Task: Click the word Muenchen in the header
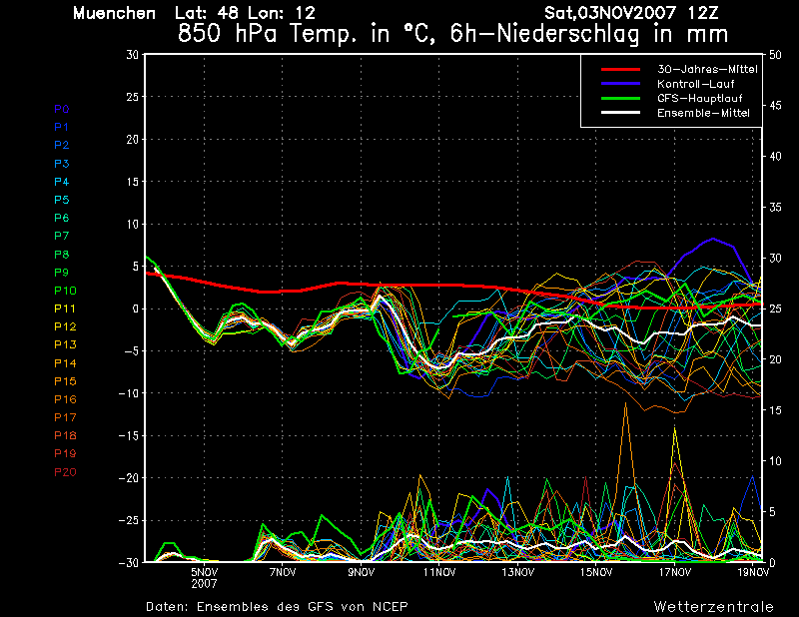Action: (x=114, y=13)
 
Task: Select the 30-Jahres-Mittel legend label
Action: (x=707, y=69)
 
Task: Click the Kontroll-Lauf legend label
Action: (x=695, y=84)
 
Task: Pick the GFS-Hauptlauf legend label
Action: (x=700, y=98)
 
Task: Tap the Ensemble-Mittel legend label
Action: (x=703, y=113)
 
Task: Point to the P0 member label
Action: (x=61, y=109)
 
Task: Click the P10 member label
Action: (x=65, y=291)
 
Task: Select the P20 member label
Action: (x=65, y=472)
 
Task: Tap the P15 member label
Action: (x=65, y=381)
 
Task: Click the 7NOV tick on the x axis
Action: (x=283, y=572)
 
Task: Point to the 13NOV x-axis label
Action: (x=517, y=572)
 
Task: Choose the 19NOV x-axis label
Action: (x=753, y=572)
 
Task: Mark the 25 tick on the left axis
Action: (x=132, y=96)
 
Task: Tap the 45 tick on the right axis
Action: (x=775, y=106)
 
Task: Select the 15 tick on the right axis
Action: (x=775, y=410)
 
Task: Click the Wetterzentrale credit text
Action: (x=713, y=607)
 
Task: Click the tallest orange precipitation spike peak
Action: (x=626, y=403)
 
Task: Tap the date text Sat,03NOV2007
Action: (x=610, y=13)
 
